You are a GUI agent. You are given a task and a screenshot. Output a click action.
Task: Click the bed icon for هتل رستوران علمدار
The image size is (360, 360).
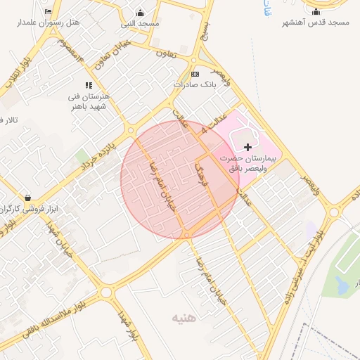coord(48,12)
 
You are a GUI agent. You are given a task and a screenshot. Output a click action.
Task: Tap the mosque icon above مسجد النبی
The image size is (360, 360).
coord(140,13)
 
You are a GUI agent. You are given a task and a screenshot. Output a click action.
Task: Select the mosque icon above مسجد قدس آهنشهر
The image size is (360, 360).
coord(316,11)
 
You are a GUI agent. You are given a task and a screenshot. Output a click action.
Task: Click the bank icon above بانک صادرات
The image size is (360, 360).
coord(195,74)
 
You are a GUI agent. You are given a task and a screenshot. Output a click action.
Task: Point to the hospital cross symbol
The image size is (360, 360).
coord(247,146)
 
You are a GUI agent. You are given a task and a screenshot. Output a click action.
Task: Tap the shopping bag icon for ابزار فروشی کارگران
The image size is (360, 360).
coord(27,198)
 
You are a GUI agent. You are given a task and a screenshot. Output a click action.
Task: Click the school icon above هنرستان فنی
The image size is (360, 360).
coord(89,85)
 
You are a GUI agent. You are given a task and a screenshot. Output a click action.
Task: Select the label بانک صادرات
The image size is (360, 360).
coord(193,84)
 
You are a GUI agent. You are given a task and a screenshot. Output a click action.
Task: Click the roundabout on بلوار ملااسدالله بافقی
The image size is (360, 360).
coord(108,292)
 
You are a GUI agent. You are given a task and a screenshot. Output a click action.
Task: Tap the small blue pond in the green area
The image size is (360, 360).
coord(342,285)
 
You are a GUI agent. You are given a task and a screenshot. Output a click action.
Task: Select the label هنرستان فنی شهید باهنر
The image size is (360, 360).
coord(89,101)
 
